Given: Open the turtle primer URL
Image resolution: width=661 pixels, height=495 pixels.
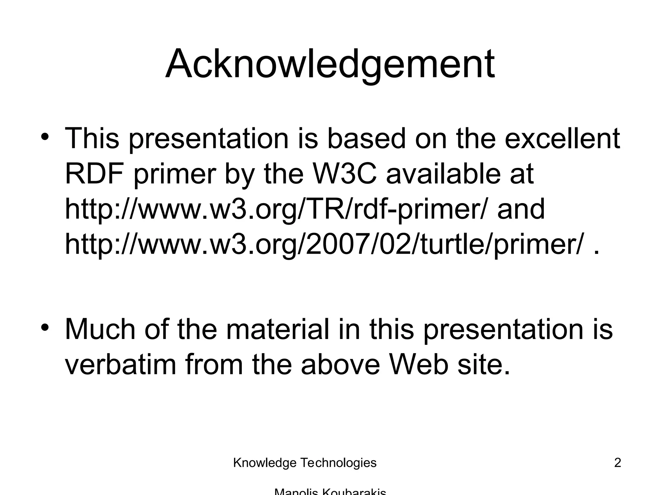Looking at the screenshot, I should pyautogui.click(x=325, y=245).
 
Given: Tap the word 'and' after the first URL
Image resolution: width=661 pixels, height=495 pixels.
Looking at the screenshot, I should pyautogui.click(x=521, y=209).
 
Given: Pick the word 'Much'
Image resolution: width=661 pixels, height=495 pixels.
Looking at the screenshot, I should pyautogui.click(x=100, y=329).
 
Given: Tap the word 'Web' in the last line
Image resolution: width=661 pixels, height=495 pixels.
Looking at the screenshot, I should pyautogui.click(x=419, y=365).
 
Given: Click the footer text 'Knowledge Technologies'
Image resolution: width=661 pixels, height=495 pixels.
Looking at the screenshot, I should pyautogui.click(x=305, y=463).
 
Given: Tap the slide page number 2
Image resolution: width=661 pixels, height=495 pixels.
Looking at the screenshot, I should pyautogui.click(x=617, y=463).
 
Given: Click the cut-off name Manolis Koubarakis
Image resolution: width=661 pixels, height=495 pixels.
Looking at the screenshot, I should pyautogui.click(x=330, y=492).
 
